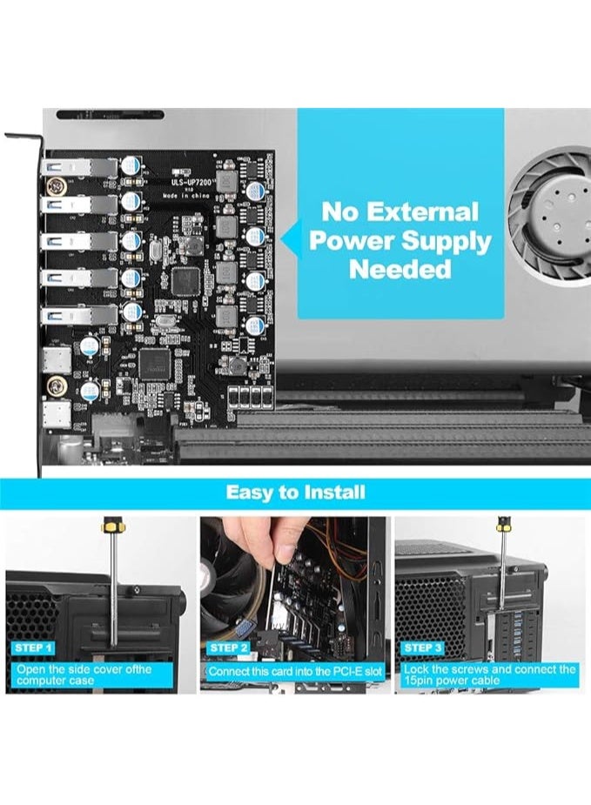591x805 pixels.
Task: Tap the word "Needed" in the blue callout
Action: click(x=400, y=269)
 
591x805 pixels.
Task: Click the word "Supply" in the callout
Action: click(x=453, y=240)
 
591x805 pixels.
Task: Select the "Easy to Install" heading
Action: click(x=295, y=493)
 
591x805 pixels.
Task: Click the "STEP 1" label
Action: click(x=34, y=648)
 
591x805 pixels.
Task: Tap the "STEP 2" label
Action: click(x=228, y=648)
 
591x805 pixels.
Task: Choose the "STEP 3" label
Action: click(x=423, y=648)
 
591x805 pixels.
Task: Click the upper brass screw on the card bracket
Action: click(x=57, y=185)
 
